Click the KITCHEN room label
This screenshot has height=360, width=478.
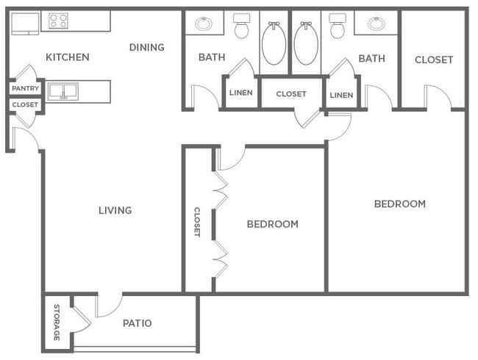[x=68, y=57]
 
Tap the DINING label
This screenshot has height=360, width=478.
[x=146, y=47]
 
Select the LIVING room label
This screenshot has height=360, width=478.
[x=115, y=210]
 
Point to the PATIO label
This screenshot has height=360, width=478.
[x=138, y=323]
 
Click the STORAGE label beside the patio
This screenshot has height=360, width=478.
[x=57, y=323]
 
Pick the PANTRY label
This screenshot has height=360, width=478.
[x=25, y=88]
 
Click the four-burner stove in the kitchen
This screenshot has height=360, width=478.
[x=58, y=21]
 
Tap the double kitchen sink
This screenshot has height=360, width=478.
[x=63, y=91]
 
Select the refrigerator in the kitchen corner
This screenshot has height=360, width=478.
[x=25, y=24]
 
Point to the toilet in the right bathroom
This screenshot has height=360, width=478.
[x=338, y=26]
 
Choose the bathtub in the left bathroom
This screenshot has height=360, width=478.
[x=274, y=43]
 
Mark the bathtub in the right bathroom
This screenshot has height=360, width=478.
[x=306, y=43]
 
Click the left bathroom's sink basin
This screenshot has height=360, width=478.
[x=204, y=24]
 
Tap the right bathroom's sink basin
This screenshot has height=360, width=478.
[x=377, y=24]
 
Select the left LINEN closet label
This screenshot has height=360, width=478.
[x=240, y=93]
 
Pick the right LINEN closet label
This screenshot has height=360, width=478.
[x=341, y=96]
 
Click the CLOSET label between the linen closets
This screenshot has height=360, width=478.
[x=291, y=94]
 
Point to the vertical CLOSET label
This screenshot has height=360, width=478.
[x=197, y=222]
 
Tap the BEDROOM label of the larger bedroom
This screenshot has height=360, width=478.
[x=400, y=204]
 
